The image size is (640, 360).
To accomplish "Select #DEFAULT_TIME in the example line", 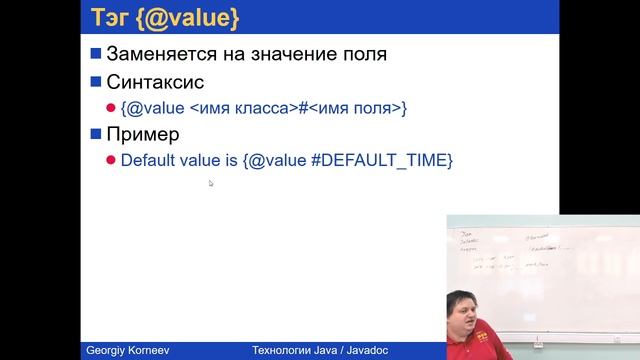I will pos(388,160).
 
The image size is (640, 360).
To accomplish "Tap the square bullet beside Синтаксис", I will pos(96,81).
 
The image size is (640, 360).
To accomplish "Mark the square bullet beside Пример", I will pos(96,133).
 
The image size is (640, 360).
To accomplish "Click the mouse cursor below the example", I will pos(211,183).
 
